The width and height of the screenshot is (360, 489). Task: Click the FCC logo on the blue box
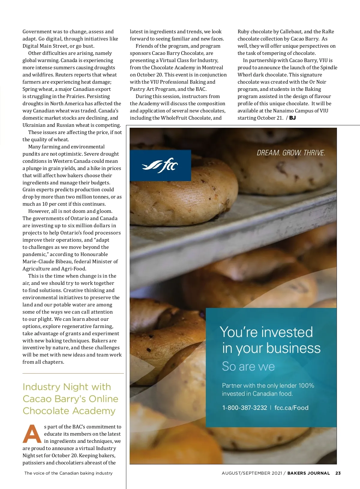point(160,165)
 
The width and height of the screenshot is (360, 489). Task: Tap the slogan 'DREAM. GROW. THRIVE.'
point(291,153)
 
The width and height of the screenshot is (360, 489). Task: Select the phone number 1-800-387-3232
point(244,408)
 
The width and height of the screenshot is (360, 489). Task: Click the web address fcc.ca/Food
point(291,408)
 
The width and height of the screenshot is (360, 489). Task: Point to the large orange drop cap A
point(32,434)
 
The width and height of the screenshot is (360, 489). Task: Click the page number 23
point(338,473)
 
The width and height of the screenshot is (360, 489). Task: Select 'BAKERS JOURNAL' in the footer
point(308,473)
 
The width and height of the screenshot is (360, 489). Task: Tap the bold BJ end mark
point(292,118)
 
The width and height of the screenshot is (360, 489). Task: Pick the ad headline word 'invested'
point(287,332)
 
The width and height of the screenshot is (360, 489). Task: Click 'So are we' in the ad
point(248,366)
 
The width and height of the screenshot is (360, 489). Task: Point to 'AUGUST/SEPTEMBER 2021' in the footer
point(252,473)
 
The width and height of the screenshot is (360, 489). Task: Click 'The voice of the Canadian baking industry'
point(68,473)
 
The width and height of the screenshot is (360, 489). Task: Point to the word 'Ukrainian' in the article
point(34,125)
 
